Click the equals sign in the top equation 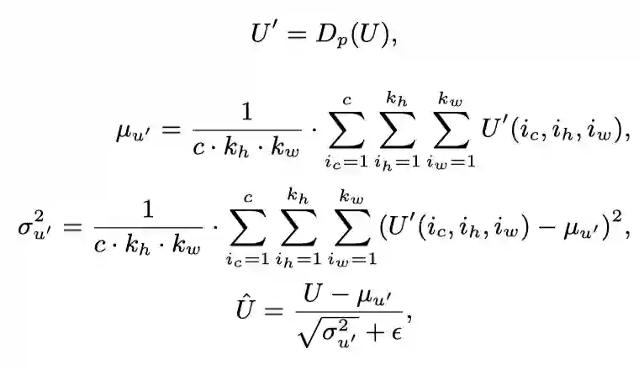tap(293, 34)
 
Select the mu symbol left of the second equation tap(129, 132)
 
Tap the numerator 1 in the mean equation tap(246, 113)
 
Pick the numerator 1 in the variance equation tap(148, 209)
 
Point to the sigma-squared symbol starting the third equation tap(33, 229)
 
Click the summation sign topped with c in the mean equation tap(346, 130)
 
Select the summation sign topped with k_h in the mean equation tap(398, 130)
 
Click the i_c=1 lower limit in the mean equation tap(346, 161)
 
